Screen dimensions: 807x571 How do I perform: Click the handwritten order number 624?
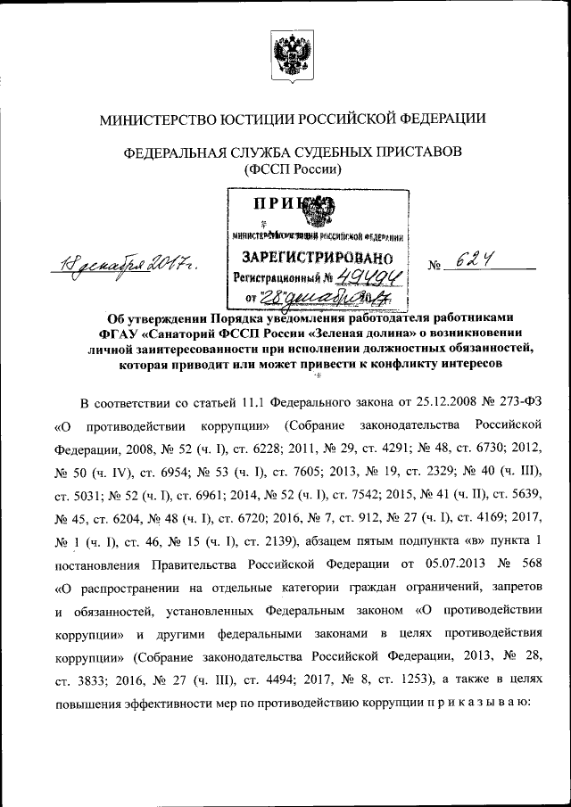[476, 260]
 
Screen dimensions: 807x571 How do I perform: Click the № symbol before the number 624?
[436, 266]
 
